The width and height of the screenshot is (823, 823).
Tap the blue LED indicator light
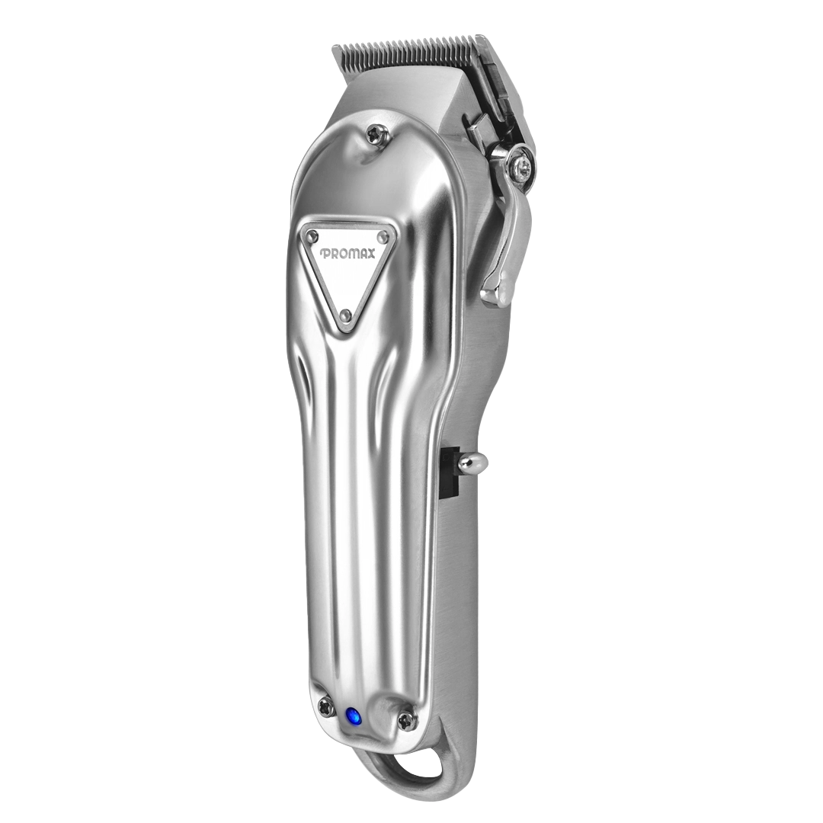coord(353,716)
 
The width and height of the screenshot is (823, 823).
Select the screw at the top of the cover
coord(373,134)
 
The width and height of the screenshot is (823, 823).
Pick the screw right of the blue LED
coord(407,719)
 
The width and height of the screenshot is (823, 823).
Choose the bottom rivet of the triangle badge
coord(345,315)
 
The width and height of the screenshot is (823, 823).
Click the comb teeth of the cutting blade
coord(411,53)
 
